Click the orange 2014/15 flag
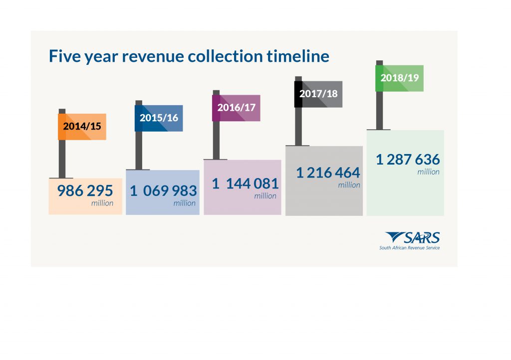[82, 126]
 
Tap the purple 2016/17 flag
[236, 108]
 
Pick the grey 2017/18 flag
[318, 94]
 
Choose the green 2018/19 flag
[399, 78]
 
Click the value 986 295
[85, 190]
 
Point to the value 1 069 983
[163, 190]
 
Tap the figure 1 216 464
[327, 173]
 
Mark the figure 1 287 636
[408, 160]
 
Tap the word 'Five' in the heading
[63, 56]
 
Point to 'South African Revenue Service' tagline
[409, 248]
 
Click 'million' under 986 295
[102, 203]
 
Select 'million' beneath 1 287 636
[429, 172]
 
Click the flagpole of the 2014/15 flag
[62, 155]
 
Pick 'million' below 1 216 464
[349, 185]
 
